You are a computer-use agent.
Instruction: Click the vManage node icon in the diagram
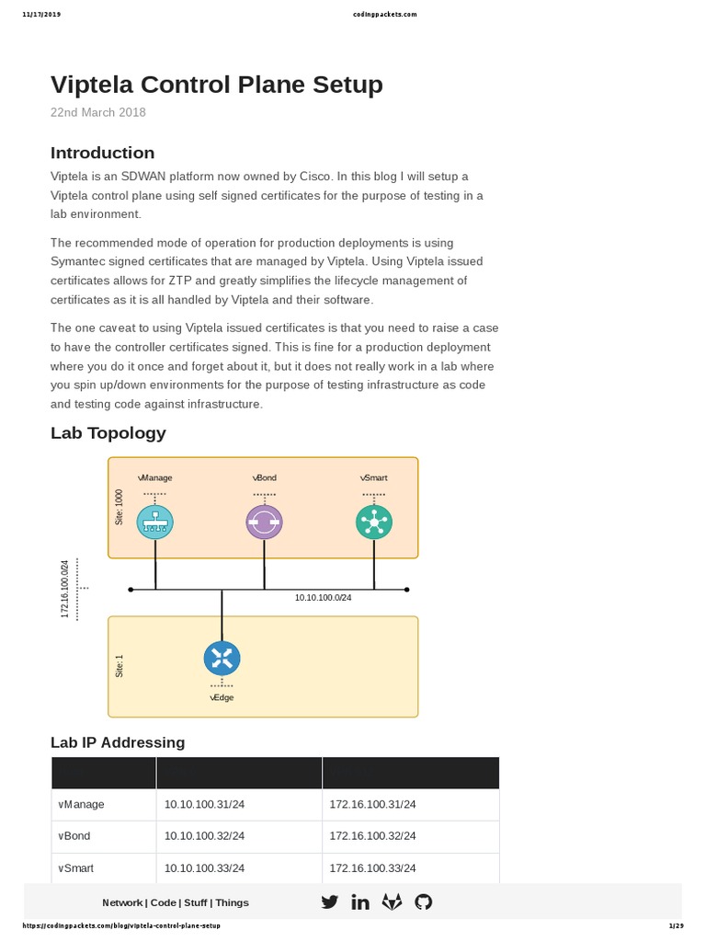[155, 523]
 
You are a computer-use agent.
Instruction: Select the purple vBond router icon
[264, 523]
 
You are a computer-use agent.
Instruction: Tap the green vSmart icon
[373, 522]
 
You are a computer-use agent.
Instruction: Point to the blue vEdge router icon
[222, 658]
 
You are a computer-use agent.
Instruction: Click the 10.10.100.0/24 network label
[323, 598]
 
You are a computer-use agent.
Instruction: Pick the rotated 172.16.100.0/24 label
[65, 589]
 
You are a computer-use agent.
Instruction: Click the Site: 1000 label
[119, 508]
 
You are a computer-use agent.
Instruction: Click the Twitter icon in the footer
[329, 902]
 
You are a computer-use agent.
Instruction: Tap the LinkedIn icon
[360, 902]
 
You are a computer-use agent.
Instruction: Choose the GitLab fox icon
[392, 902]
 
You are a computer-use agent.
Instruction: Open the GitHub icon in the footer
[423, 902]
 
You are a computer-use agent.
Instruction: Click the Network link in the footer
[122, 902]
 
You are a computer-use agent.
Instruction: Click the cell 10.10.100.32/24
[204, 836]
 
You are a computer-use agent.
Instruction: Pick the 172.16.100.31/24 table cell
[372, 804]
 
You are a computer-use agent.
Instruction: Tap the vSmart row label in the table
[75, 867]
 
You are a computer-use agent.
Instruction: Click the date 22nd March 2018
[97, 112]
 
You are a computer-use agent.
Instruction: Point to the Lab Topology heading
[108, 432]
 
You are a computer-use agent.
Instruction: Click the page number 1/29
[676, 925]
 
